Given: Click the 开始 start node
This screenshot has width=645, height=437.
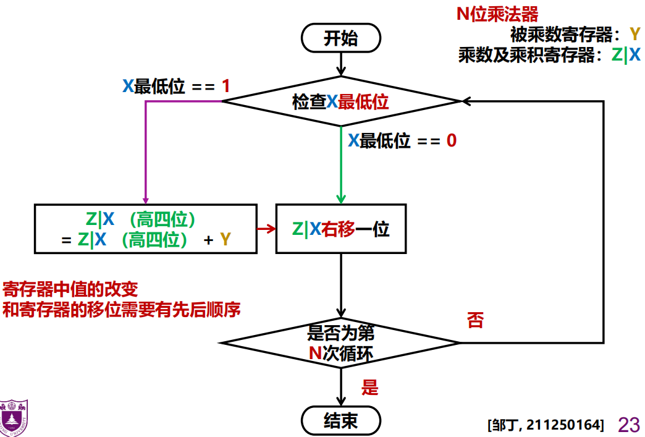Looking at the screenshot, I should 340,38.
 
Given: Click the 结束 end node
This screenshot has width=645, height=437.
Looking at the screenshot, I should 340,422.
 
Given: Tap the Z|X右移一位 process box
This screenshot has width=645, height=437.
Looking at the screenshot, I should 340,229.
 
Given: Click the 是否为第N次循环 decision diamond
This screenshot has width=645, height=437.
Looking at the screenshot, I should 340,342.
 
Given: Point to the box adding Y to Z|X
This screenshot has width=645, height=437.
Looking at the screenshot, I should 145,229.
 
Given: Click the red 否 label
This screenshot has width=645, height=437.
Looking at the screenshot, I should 475,321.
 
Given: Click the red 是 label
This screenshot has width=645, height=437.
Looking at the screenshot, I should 369,388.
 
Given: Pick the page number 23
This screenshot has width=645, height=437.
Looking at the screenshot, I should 629,425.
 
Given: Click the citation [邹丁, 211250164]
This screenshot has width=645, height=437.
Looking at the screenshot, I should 545,425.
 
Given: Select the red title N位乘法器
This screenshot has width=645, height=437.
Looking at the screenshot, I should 497,14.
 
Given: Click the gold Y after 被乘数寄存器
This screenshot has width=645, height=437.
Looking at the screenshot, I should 634,34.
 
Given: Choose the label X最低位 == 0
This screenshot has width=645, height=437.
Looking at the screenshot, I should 402,141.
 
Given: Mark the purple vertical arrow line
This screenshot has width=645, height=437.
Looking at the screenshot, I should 146,151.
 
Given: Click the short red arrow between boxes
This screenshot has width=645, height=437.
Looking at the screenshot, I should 266,229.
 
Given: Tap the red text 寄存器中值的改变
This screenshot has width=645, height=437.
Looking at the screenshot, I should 70,289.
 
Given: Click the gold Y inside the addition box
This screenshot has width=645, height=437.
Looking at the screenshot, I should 225,240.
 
